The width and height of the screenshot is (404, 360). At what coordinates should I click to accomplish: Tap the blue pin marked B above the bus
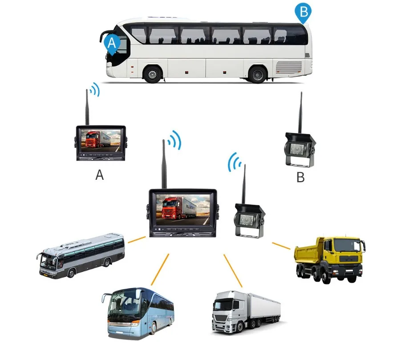click(303, 12)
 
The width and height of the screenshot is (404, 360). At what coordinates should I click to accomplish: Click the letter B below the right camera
click(301, 178)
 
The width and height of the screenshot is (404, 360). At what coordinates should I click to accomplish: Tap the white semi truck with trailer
click(245, 312)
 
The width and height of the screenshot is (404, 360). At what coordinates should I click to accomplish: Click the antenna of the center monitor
click(164, 164)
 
